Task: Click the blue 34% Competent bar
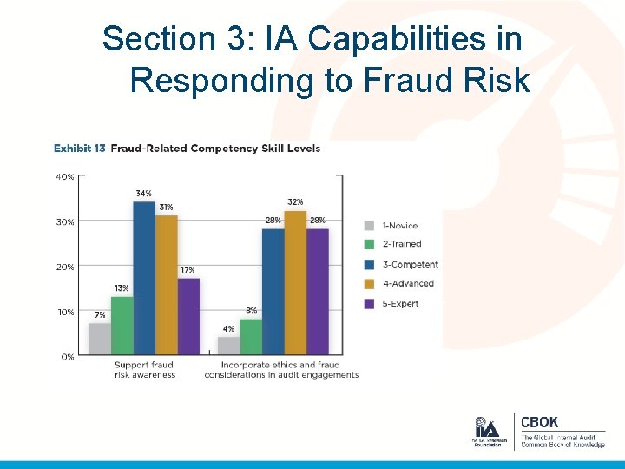pos(144,278)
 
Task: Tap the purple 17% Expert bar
pos(188,316)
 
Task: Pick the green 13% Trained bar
pos(122,325)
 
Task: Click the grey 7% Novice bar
pos(100,339)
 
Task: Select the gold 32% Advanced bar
pos(295,282)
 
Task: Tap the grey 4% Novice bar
pos(228,346)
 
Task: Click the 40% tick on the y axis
pos(65,176)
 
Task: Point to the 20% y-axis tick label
pos(65,267)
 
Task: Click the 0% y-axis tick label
pos(67,357)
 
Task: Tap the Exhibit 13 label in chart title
pos(80,149)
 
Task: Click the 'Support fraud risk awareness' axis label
pos(144,370)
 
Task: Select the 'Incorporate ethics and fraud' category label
pos(281,370)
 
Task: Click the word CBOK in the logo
pos(539,423)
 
